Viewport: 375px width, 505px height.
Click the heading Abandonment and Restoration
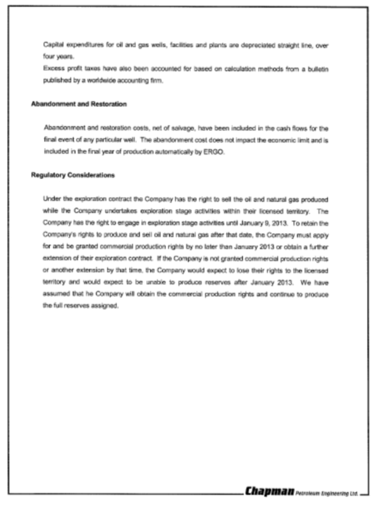79,104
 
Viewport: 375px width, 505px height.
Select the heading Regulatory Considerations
73,175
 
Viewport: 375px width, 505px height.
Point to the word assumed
55,295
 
